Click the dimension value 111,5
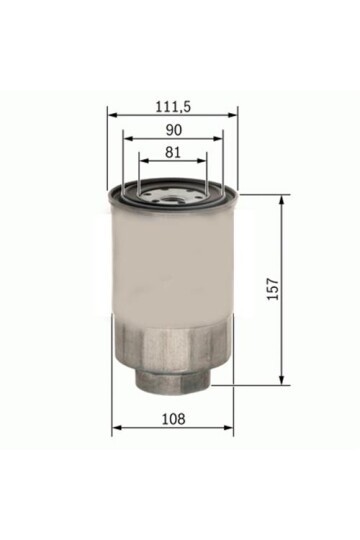[173, 103]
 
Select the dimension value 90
[173, 128]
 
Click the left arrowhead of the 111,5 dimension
[109, 113]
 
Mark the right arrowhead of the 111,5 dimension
[235, 113]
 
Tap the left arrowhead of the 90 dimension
[125, 138]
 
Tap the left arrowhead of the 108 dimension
[115, 427]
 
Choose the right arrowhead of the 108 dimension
[229, 427]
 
